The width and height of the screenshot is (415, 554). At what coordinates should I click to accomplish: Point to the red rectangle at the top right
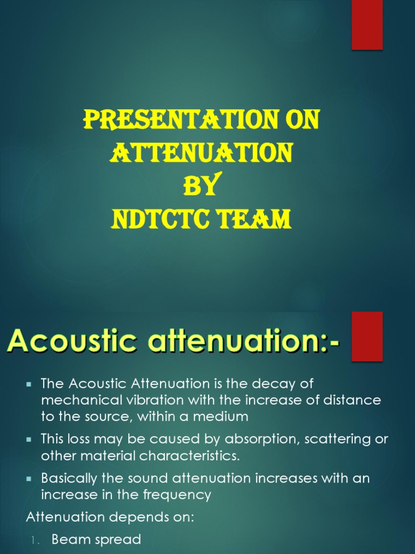tap(367, 25)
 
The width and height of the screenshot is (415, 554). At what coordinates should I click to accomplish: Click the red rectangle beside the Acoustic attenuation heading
tap(367, 336)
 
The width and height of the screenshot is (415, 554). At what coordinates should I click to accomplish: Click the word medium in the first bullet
tap(223, 417)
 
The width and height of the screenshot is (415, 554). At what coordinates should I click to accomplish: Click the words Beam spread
tap(96, 539)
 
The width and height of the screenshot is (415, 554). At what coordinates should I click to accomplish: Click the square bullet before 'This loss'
tap(29, 439)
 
